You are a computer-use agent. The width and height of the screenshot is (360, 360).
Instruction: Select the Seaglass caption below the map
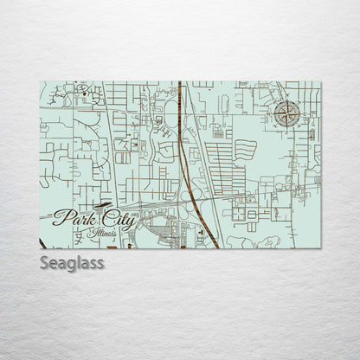(x=72, y=261)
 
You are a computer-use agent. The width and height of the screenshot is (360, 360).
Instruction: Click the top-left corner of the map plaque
(x=41, y=82)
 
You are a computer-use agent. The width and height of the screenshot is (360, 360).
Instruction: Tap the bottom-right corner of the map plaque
(x=320, y=247)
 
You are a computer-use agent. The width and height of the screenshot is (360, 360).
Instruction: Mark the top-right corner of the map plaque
(x=320, y=82)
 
